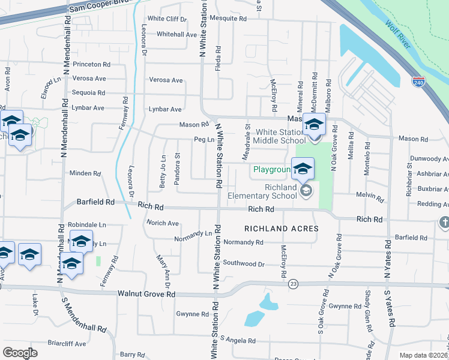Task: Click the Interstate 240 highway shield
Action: click(419, 82)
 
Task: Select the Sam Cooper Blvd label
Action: click(91, 7)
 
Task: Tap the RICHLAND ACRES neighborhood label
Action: click(281, 229)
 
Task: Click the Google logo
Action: click(20, 353)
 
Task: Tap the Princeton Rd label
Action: click(91, 64)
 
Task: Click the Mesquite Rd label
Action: click(231, 19)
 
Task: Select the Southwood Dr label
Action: click(243, 263)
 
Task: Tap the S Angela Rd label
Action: click(238, 340)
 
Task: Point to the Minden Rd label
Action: click(85, 173)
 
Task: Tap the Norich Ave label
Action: click(163, 223)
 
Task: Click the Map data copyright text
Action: click(424, 355)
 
